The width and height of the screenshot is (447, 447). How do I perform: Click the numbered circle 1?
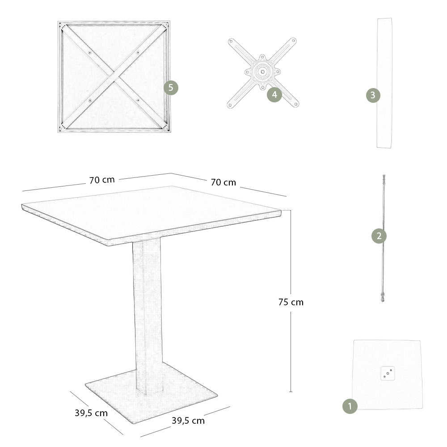point(350,406)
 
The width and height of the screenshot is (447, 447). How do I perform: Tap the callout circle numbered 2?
point(379,236)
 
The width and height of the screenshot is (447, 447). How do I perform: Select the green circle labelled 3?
point(373,95)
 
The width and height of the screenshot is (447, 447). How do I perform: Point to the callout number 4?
point(274,95)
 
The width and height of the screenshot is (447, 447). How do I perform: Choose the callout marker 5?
point(171,88)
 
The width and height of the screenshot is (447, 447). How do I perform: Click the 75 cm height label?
point(291,302)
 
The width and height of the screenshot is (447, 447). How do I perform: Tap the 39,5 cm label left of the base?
point(91,413)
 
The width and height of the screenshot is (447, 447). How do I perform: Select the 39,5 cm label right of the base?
point(188,421)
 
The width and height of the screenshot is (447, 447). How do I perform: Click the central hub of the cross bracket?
point(262,71)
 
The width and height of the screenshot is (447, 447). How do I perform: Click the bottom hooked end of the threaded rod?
point(383,298)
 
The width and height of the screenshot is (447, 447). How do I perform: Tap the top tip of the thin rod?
point(384,177)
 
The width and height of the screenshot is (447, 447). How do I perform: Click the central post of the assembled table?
point(148,313)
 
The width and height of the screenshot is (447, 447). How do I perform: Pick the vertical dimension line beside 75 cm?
point(291,349)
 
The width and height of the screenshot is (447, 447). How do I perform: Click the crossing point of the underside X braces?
point(114,76)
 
